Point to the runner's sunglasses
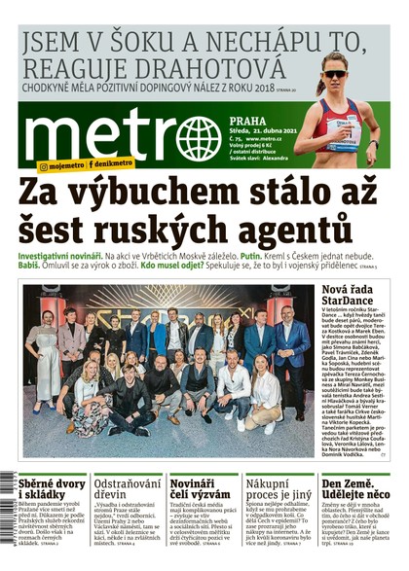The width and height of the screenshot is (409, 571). (335, 73)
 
